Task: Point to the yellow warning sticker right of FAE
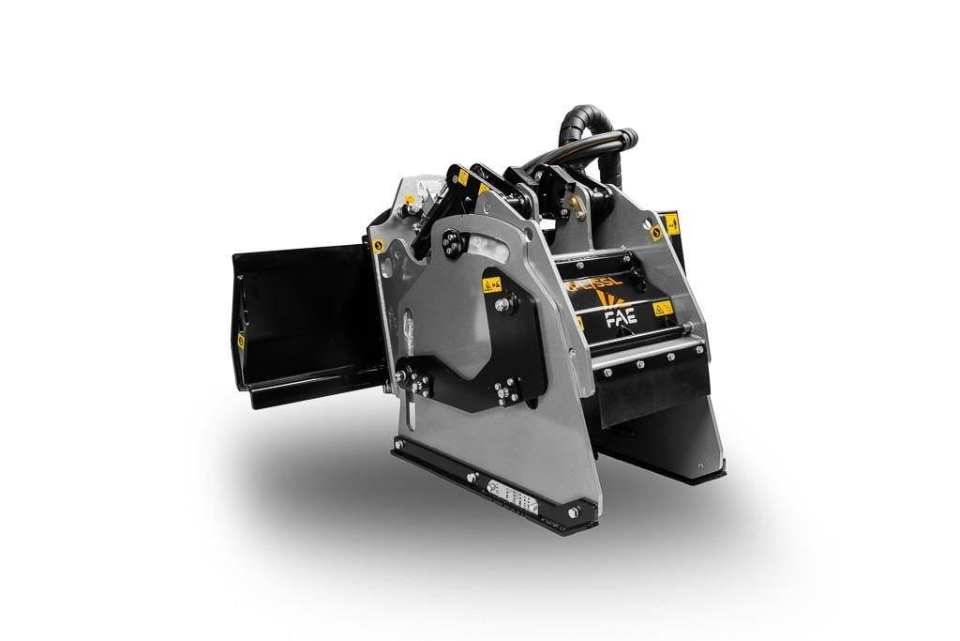pyautogui.click(x=662, y=308)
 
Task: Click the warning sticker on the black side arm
pyautogui.click(x=490, y=283)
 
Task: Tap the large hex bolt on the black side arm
pyautogui.click(x=504, y=304)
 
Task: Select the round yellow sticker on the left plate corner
pyautogui.click(x=377, y=246)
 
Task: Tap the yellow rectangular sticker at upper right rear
pyautogui.click(x=671, y=223)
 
